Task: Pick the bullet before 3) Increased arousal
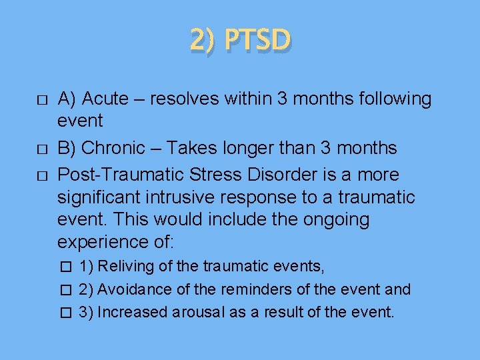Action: pyautogui.click(x=65, y=312)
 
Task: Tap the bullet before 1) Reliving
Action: pyautogui.click(x=65, y=267)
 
